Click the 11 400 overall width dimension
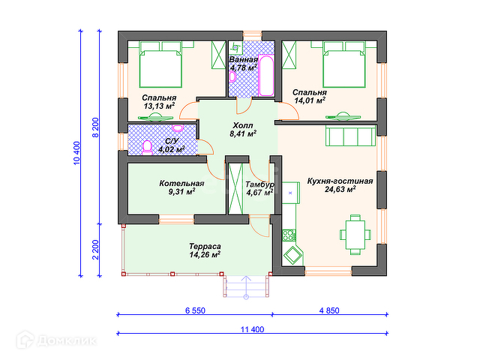pos(252,329)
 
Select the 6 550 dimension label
pos(195,310)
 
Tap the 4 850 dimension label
pos(329,310)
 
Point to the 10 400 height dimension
pos(76,153)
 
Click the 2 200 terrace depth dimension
pos(96,250)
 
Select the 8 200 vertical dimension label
pos(96,127)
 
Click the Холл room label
pos(243,125)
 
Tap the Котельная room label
pos(181,183)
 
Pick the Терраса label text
pos(205,246)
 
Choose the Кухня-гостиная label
pos(340,181)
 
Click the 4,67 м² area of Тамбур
pos(259,193)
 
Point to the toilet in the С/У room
pos(147,148)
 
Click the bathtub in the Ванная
pos(266,76)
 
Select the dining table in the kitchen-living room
pos(355,235)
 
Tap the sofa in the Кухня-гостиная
pos(351,136)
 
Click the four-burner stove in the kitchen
pos(289,235)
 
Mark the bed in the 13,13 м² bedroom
pos(160,64)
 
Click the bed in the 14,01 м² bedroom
pos(344,64)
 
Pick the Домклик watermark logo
pos(57,340)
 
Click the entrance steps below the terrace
pos(246,286)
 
